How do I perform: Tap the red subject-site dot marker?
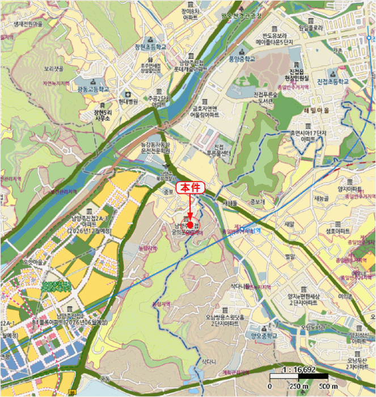[190, 217]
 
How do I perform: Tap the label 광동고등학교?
[92, 89]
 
